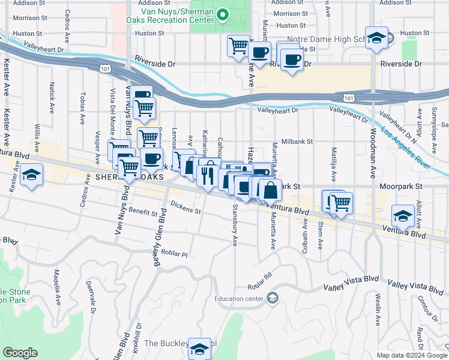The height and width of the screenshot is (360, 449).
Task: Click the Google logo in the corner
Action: [x=20, y=353]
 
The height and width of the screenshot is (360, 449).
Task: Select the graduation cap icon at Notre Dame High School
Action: [x=376, y=37]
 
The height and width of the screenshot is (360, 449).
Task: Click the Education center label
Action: [x=240, y=299]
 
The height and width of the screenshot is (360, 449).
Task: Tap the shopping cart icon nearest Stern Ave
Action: [x=340, y=203]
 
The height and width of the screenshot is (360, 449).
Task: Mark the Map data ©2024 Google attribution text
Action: [x=411, y=355]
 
